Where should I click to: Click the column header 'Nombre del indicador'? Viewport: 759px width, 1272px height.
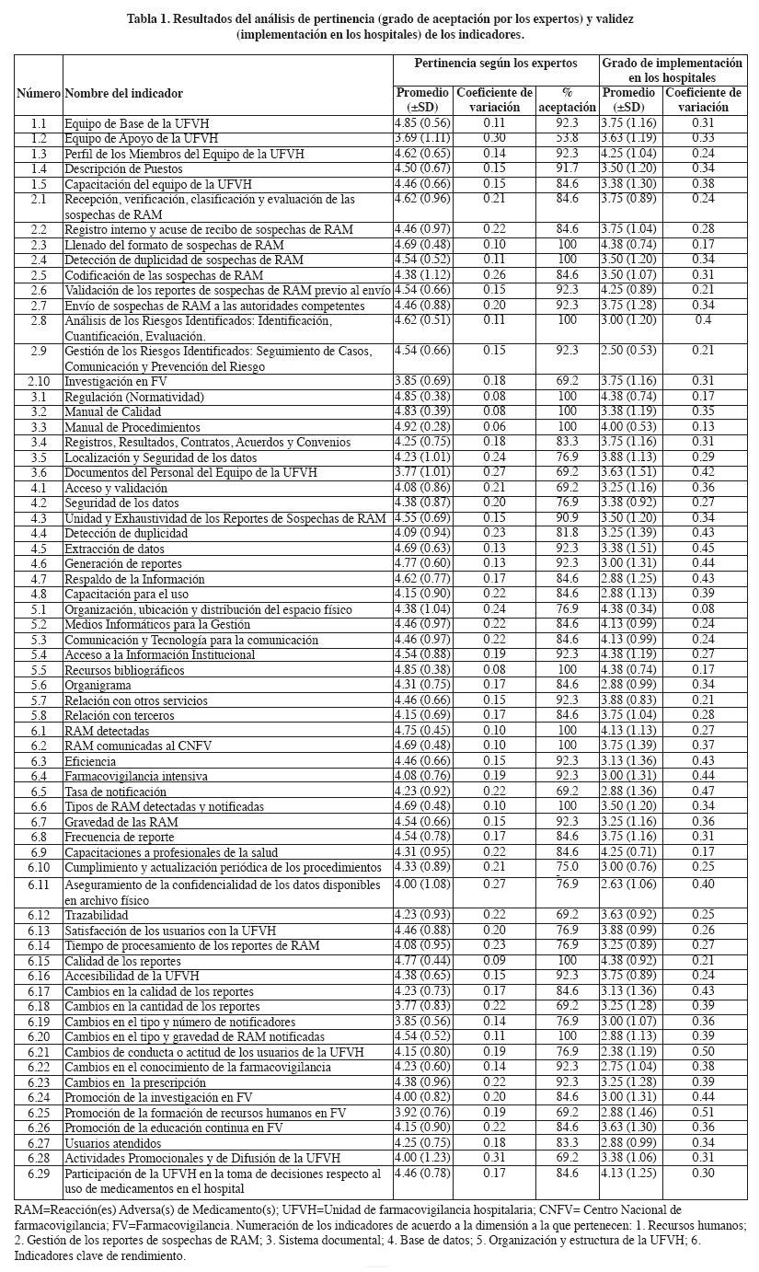pyautogui.click(x=123, y=93)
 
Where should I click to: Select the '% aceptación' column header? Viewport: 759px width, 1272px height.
pyautogui.click(x=567, y=99)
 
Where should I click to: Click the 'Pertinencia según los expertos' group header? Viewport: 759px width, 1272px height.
pyautogui.click(x=495, y=64)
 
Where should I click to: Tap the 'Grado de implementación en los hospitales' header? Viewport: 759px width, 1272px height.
pyautogui.click(x=672, y=70)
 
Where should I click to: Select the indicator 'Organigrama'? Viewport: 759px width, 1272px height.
pyautogui.click(x=98, y=686)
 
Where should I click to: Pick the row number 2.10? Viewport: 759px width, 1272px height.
pyautogui.click(x=38, y=381)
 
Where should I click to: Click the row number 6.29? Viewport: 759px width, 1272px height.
pyautogui.click(x=38, y=1174)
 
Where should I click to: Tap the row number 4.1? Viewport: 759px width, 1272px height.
pyautogui.click(x=38, y=488)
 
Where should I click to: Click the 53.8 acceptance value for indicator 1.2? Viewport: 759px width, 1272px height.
pyautogui.click(x=567, y=138)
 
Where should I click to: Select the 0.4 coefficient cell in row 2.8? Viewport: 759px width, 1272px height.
pyautogui.click(x=703, y=320)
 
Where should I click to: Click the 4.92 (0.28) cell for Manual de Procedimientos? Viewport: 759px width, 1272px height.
pyautogui.click(x=422, y=427)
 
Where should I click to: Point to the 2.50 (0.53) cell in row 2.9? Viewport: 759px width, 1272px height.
pyautogui.click(x=629, y=351)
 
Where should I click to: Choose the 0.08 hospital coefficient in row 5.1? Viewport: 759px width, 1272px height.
pyautogui.click(x=703, y=609)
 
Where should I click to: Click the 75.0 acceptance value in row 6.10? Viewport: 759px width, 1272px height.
pyautogui.click(x=567, y=867)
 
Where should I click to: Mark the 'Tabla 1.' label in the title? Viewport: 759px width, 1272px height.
pyautogui.click(x=149, y=18)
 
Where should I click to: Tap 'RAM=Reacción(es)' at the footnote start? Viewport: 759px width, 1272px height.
pyautogui.click(x=58, y=1209)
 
